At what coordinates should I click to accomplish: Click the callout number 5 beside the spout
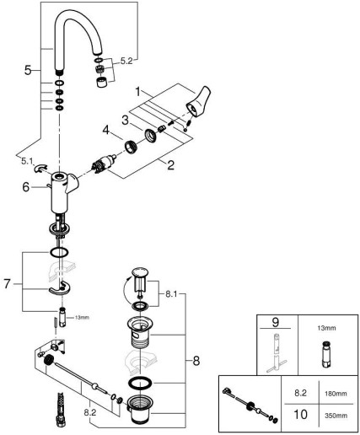tap(28, 70)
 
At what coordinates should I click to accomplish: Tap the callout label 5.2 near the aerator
tap(126, 61)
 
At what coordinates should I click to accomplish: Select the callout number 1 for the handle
tap(137, 92)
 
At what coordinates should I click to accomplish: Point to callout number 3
tap(126, 121)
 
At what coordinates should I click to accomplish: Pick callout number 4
tap(106, 130)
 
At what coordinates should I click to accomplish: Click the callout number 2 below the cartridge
tap(170, 165)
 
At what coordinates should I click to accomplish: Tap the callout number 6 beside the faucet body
tap(26, 187)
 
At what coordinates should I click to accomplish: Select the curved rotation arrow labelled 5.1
tap(40, 168)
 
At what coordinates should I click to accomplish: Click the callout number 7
tap(8, 283)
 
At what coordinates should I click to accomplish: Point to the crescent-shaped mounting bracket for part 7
tap(60, 288)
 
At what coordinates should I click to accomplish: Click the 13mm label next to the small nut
tap(82, 318)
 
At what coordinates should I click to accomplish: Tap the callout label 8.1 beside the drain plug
tap(171, 294)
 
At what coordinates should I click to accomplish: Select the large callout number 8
tap(196, 361)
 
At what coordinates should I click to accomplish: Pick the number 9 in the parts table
tap(276, 322)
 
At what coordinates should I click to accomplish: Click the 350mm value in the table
tap(336, 416)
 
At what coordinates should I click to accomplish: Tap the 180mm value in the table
tap(336, 394)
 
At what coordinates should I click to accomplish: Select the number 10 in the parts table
tap(300, 415)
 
